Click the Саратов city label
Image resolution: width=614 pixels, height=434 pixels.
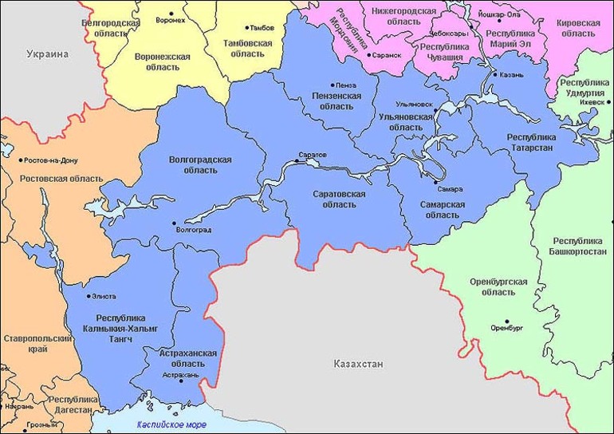[313, 154]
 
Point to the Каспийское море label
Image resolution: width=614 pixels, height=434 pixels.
[171, 424]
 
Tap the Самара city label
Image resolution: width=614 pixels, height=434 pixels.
[450, 190]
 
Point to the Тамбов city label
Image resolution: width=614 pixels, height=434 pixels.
[263, 27]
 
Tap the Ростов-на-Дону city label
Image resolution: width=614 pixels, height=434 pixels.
[51, 160]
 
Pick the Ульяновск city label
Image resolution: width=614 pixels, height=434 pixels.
[415, 104]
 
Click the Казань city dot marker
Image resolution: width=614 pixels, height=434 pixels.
[492, 75]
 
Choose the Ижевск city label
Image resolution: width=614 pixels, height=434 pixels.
[592, 103]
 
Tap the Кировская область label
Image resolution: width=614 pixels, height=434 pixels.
[578, 29]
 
